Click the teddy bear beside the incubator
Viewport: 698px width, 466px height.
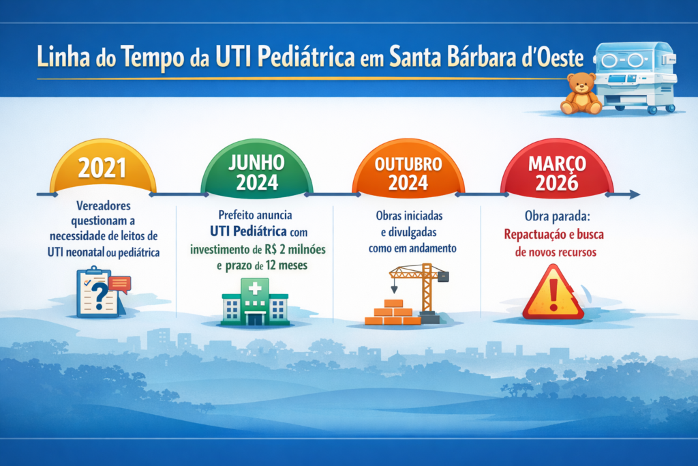(580, 93)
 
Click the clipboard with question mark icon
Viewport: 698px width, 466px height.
(97, 293)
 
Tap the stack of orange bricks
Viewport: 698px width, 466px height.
(393, 312)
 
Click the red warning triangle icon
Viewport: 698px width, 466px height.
(553, 293)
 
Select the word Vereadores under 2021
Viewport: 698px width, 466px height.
(104, 205)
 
